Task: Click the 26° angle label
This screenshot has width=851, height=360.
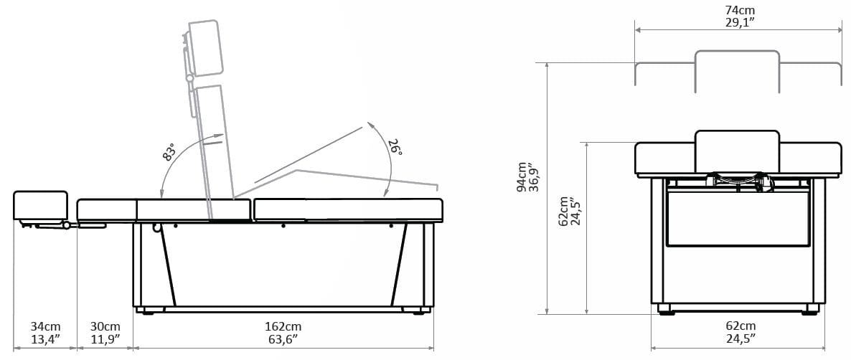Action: click(395, 147)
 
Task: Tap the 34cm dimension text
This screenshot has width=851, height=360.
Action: click(45, 327)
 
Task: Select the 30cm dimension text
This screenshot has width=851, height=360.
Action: click(105, 327)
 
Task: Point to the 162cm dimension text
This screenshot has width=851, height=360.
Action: click(283, 327)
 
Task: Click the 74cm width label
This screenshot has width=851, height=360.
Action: click(740, 10)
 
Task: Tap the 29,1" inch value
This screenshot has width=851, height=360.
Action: click(740, 22)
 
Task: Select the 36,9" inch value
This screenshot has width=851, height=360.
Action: click(534, 177)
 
